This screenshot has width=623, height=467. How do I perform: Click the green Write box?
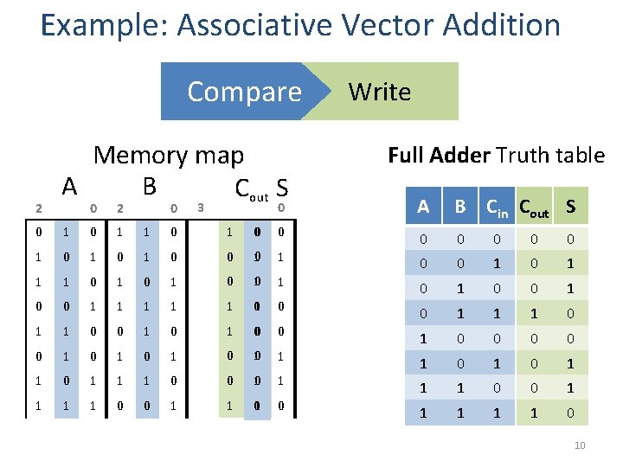pos(389,92)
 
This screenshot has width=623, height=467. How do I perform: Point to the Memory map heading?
pos(169,156)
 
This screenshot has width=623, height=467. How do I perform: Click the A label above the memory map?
pos(70,185)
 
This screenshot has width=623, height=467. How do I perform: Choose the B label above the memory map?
pos(150,185)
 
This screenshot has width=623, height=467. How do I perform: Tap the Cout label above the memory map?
pos(251,187)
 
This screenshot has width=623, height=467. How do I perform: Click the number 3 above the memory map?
pos(201,207)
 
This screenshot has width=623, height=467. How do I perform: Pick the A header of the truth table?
pos(423,207)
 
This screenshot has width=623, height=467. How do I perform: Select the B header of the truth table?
pos(460,207)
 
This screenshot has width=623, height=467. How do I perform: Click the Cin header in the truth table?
pos(497,208)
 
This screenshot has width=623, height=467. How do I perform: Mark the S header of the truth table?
pos(569,207)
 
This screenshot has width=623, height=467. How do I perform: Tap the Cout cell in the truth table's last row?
pos(533,413)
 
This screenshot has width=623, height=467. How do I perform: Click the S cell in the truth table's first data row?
pos(569,239)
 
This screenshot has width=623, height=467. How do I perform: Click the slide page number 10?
pos(580,445)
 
